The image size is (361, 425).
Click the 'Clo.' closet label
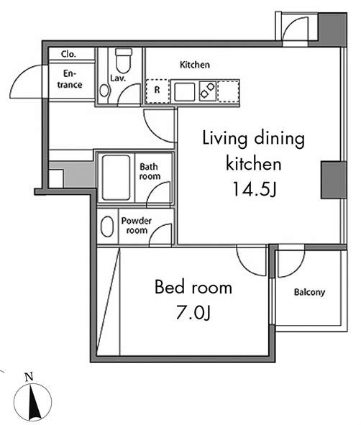(69, 54)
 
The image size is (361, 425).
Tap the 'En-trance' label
(70, 79)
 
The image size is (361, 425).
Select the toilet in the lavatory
(124, 58)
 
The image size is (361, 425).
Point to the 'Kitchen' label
(194, 65)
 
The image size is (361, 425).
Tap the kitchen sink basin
(183, 91)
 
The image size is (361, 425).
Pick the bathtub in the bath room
(115, 177)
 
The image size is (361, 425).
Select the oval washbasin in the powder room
(107, 227)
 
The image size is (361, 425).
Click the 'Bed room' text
(193, 288)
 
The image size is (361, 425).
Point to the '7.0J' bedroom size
(193, 313)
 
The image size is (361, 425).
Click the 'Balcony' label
(309, 293)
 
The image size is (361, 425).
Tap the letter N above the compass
(28, 376)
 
